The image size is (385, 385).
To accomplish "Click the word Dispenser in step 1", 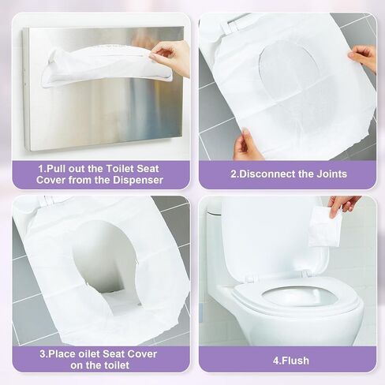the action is (x=138, y=180).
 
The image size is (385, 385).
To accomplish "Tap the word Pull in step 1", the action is (x=56, y=169).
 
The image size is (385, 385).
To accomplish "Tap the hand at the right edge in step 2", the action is (x=364, y=58).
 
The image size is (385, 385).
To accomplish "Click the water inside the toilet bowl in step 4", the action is (x=300, y=297).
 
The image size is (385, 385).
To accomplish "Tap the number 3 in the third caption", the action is (x=43, y=354).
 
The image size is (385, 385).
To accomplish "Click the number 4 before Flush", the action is (x=276, y=361).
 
